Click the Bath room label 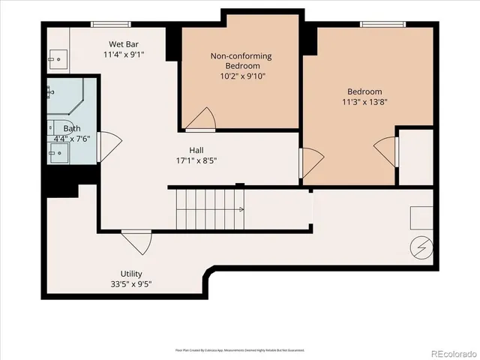[72, 128]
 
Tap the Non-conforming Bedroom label [240, 61]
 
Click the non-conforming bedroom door [201, 118]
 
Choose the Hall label [196, 149]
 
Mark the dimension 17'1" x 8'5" [196, 160]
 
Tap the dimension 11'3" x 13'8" [365, 102]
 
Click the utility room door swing [136, 241]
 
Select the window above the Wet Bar [111, 24]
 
